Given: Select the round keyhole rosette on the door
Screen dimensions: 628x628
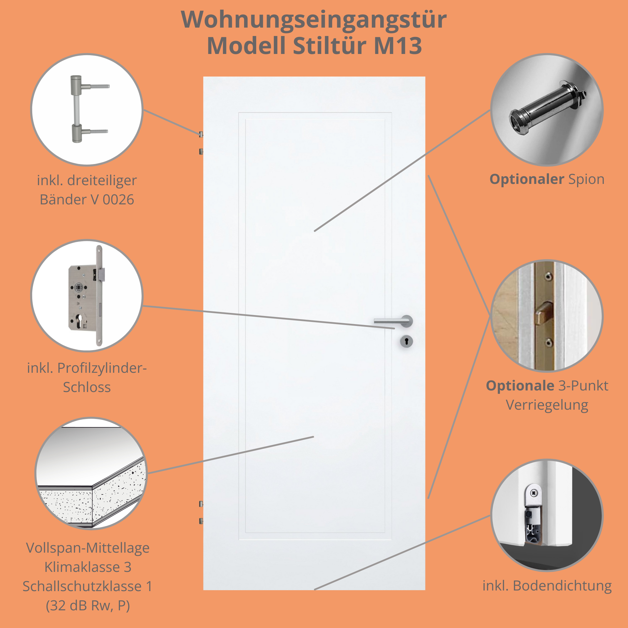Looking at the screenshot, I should click(x=406, y=341).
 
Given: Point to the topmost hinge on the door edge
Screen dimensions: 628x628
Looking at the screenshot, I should click(x=201, y=134).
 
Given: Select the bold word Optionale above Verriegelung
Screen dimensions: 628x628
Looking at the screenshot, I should click(x=520, y=385).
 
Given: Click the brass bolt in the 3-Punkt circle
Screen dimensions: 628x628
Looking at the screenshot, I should click(x=543, y=312).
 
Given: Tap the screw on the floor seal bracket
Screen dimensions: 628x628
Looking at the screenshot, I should click(x=534, y=493).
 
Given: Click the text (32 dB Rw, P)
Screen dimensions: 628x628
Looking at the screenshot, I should click(x=88, y=605).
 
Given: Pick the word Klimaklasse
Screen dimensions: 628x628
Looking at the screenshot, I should click(x=82, y=567).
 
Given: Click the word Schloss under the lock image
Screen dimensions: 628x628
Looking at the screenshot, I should click(x=87, y=387).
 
